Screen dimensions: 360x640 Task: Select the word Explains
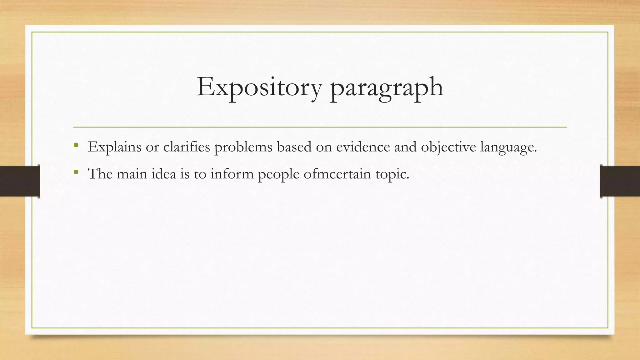(115, 147)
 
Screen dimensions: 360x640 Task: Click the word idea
(164, 174)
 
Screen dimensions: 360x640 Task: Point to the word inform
(232, 174)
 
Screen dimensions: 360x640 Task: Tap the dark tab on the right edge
(620, 181)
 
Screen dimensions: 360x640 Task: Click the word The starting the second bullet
(100, 174)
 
